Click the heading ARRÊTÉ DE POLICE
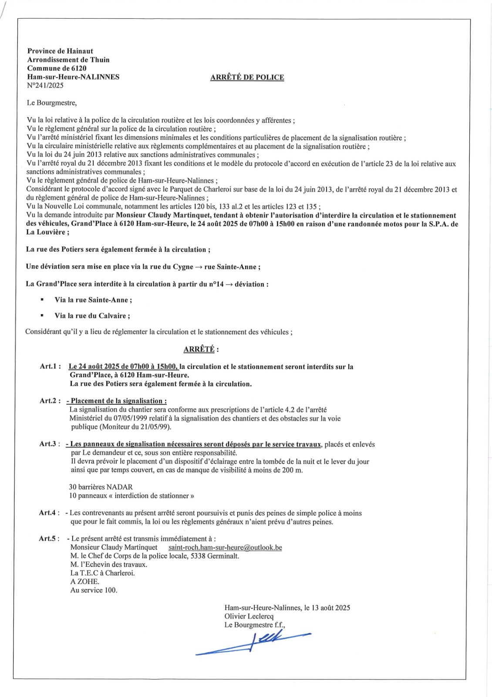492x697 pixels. [247, 78]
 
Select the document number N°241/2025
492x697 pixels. [45, 86]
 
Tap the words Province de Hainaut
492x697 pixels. [60, 51]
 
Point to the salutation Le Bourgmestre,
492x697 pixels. [52, 103]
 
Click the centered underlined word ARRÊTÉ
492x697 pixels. [199, 349]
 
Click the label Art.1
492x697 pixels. [50, 367]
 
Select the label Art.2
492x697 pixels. [50, 401]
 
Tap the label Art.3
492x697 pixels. [49, 444]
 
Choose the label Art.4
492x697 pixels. [49, 513]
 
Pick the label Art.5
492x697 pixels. [49, 539]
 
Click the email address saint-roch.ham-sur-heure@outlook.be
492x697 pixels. [225, 548]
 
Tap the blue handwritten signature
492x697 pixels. [257, 643]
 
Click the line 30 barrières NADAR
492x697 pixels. [101, 487]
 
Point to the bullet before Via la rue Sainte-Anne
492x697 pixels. [42, 300]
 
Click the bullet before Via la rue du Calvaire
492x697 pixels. [42, 315]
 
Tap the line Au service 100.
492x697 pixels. [94, 591]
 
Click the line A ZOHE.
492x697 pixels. [85, 582]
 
